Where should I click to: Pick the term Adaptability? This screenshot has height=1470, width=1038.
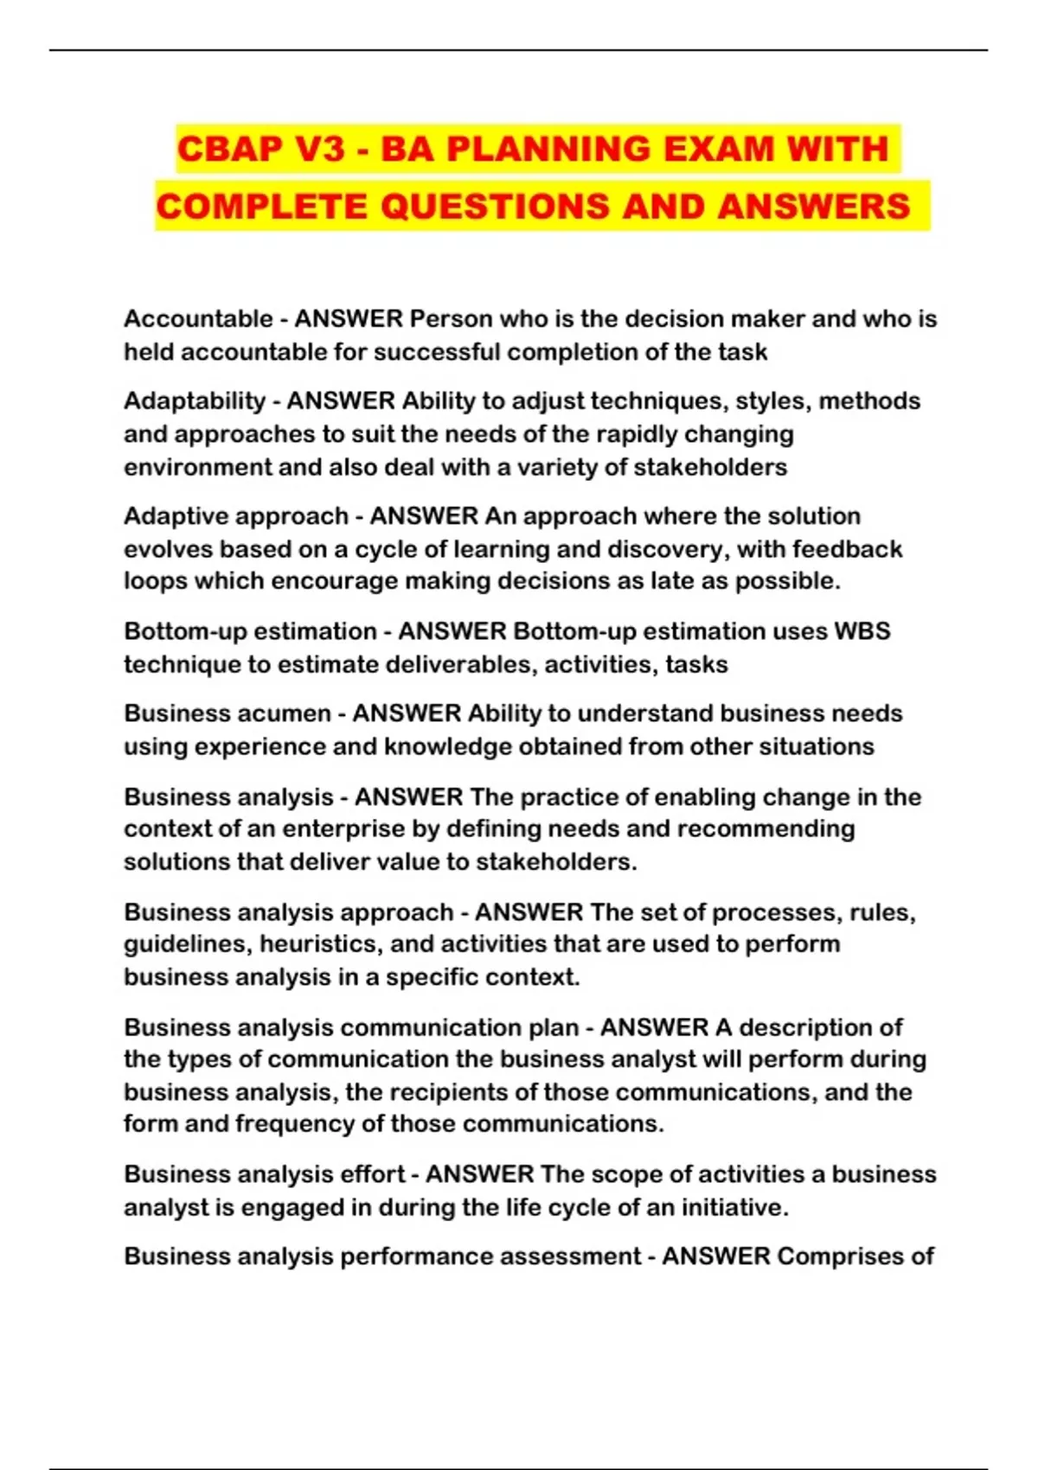195,401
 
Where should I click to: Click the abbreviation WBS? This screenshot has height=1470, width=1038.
862,631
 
